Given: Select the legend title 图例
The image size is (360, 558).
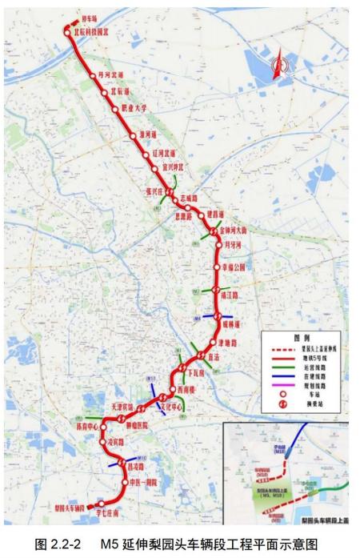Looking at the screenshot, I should [302, 338].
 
